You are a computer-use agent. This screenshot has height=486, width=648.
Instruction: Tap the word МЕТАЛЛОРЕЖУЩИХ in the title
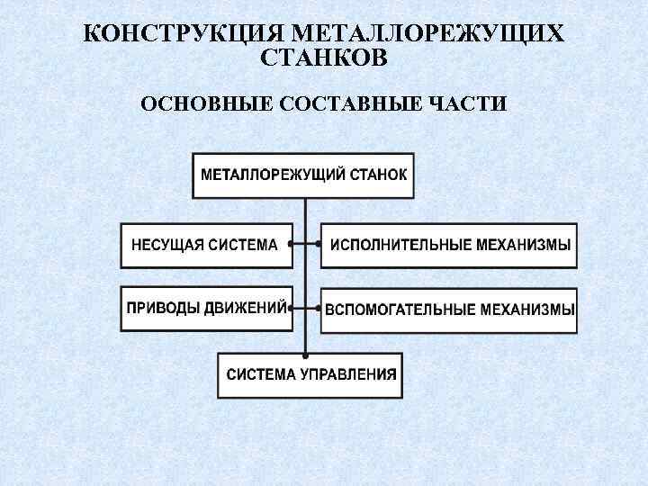(427, 35)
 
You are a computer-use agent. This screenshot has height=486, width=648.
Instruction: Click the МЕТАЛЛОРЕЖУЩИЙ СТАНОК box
(304, 175)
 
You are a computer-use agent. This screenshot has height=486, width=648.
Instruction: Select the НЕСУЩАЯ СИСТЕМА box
(206, 245)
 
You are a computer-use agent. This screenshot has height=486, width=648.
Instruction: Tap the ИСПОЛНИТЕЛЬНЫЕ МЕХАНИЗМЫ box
(449, 245)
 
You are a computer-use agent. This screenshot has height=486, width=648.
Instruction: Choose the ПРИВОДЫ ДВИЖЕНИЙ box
(206, 308)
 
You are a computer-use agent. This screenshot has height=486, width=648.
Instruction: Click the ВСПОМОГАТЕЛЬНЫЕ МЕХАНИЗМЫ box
(449, 310)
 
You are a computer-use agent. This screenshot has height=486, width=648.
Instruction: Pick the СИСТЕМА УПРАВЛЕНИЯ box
(310, 375)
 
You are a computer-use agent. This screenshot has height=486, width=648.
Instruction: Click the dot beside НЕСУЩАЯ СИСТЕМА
(292, 244)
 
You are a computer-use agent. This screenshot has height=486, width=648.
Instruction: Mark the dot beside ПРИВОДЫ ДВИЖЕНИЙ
(292, 307)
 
